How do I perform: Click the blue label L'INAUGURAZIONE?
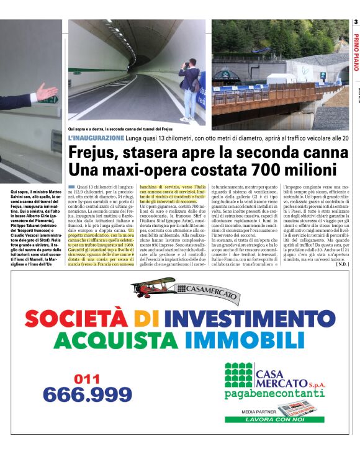pyautogui.click(x=96, y=137)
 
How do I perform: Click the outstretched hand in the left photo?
pyautogui.click(x=46, y=92)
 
